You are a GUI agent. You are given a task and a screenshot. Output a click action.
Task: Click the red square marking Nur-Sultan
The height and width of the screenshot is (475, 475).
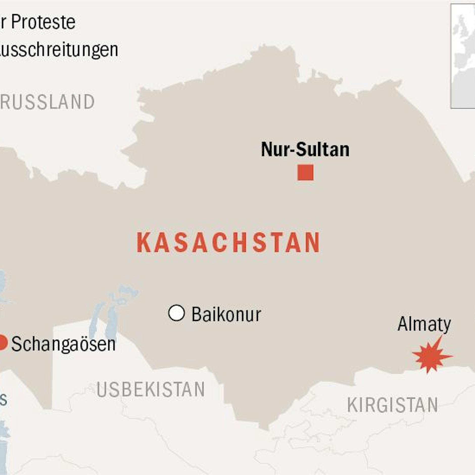[x=305, y=172]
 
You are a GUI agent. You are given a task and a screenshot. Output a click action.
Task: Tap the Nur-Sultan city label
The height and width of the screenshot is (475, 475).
[x=305, y=149]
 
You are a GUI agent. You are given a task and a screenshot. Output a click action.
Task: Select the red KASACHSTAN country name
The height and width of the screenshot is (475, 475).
[x=228, y=243]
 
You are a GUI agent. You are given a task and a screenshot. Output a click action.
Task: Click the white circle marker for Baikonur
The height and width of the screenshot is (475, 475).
[x=177, y=313]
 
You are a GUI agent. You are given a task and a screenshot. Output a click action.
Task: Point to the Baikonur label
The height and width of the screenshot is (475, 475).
[x=226, y=315]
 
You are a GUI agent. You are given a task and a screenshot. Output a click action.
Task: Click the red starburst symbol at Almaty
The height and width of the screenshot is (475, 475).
[x=431, y=356]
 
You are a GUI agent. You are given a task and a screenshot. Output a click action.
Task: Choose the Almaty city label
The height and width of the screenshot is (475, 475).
[x=424, y=324]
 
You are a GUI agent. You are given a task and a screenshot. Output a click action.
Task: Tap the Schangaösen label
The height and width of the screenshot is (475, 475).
[x=63, y=344]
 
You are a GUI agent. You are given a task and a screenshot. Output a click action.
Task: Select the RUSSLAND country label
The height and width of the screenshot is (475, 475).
[x=47, y=102]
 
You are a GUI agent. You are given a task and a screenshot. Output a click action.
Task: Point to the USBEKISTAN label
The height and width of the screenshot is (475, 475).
[x=151, y=389]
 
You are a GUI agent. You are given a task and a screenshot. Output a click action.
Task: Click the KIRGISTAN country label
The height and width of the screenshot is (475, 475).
[x=392, y=405]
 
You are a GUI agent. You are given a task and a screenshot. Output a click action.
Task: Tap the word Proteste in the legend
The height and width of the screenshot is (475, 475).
[x=43, y=22]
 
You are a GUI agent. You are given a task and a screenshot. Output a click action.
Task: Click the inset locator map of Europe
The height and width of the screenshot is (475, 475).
[x=463, y=56]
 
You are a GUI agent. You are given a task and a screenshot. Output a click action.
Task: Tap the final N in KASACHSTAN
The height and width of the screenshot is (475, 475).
[x=312, y=243]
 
